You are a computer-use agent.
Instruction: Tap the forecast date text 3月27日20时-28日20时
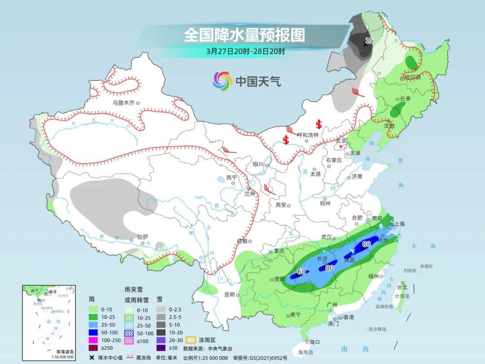[245, 51]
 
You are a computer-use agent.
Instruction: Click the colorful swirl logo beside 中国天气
[222, 81]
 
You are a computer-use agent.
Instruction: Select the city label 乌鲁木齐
[123, 103]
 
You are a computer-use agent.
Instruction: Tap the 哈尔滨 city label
[412, 78]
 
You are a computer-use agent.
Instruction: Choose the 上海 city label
[399, 224]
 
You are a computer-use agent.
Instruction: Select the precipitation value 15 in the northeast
[369, 41]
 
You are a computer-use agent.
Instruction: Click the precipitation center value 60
[301, 271]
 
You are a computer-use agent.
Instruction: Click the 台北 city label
[402, 287]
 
